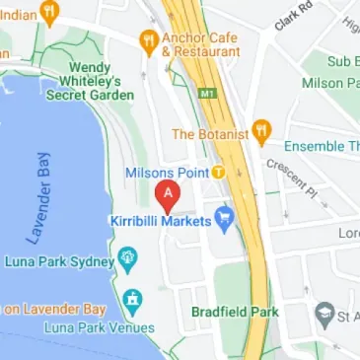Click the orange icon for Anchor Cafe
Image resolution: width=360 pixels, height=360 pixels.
[x=149, y=40]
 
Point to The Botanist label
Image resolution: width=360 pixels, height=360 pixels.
[x=208, y=133]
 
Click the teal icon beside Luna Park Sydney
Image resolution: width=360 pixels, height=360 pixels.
[x=127, y=259]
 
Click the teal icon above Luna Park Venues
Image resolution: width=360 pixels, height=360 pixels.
[x=132, y=299]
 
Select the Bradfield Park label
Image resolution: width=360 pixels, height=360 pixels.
[x=235, y=313]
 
